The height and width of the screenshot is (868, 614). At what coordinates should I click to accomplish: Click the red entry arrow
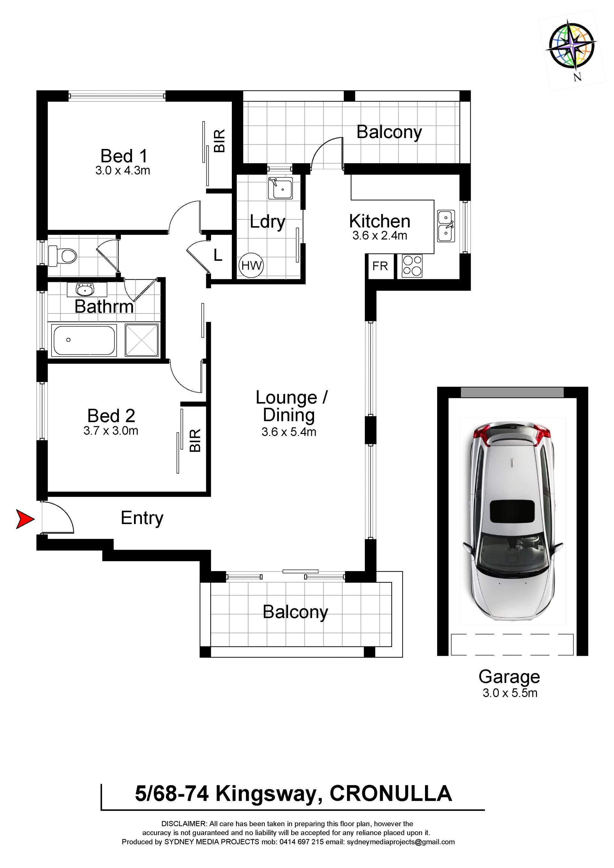(x=25, y=519)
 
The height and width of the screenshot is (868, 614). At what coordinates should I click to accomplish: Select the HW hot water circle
(x=251, y=265)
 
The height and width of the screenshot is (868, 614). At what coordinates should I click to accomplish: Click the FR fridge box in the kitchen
(x=380, y=266)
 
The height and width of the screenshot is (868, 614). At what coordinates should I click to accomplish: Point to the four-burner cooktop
(x=412, y=266)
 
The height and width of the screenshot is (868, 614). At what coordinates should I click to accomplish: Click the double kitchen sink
(x=446, y=226)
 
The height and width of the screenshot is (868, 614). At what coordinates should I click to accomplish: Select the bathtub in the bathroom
(x=84, y=340)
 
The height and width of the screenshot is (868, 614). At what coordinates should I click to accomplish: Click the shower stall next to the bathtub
(x=141, y=340)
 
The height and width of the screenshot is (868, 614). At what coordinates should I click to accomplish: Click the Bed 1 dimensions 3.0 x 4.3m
(x=122, y=171)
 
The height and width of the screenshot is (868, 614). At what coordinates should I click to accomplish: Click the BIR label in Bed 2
(x=195, y=440)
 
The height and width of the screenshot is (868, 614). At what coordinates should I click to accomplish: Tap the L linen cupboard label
(x=218, y=255)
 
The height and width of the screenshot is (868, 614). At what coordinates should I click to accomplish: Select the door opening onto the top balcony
(x=327, y=153)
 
